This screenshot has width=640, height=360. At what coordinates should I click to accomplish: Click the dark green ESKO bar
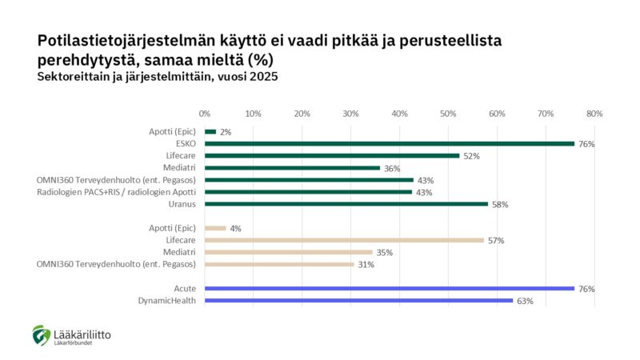click(390, 144)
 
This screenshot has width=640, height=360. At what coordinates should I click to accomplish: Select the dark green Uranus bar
click(346, 204)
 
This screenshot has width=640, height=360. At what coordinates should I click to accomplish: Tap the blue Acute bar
click(390, 289)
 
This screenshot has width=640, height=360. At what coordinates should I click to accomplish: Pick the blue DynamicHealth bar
click(358, 301)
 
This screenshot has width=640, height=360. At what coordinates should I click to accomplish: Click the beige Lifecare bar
click(344, 240)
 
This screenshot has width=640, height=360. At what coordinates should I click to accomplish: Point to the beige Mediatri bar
click(289, 252)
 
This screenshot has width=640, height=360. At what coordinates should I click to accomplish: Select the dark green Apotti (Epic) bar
click(210, 132)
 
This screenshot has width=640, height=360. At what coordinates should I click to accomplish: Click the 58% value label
click(500, 205)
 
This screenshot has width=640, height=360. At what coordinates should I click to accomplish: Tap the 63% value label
click(525, 302)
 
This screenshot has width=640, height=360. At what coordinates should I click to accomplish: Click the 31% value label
click(366, 265)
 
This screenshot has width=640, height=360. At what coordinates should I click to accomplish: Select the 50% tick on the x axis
click(448, 114)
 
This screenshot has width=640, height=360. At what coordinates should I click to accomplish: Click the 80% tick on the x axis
click(594, 114)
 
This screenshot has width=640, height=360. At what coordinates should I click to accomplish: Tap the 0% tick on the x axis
click(205, 114)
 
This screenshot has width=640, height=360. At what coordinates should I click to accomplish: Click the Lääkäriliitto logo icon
click(41, 335)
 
